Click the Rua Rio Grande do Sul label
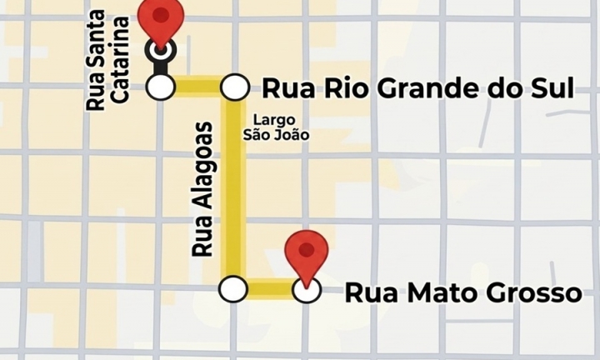click(418, 87)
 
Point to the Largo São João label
click(275, 126)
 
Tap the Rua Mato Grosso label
click(462, 292)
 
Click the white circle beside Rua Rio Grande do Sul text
click(235, 86)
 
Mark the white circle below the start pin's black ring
click(160, 86)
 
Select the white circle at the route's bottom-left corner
click(233, 289)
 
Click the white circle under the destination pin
click(307, 290)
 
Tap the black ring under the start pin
click(160, 51)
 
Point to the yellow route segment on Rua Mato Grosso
click(270, 289)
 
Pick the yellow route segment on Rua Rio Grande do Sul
click(197, 86)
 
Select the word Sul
click(554, 87)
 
